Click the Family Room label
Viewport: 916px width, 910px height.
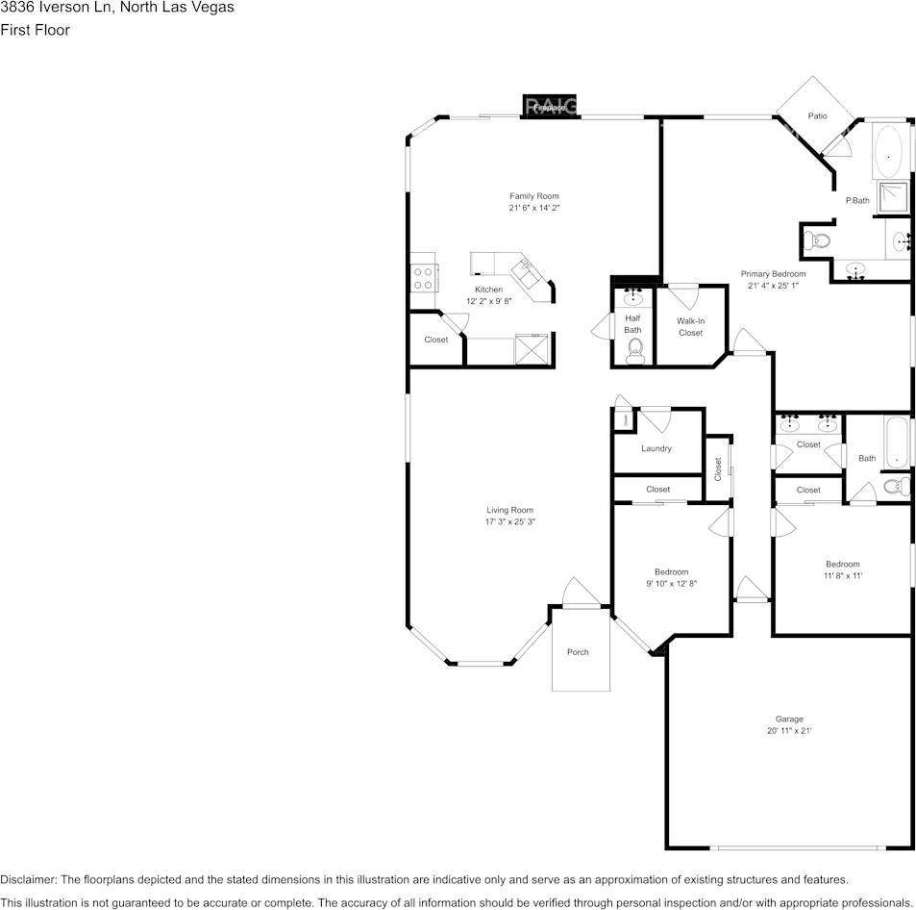pyautogui.click(x=533, y=196)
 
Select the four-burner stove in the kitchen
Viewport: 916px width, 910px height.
pyautogui.click(x=423, y=279)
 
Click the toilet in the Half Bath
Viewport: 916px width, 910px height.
pyautogui.click(x=633, y=353)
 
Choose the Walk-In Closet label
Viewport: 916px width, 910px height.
pyautogui.click(x=690, y=327)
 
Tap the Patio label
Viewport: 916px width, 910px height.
pyautogui.click(x=817, y=116)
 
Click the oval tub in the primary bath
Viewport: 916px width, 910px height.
pyautogui.click(x=889, y=150)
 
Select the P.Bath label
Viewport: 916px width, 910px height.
pyautogui.click(x=856, y=201)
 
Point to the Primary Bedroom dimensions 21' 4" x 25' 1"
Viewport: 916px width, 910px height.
pyautogui.click(x=773, y=286)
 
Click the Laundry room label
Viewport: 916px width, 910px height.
pyautogui.click(x=656, y=448)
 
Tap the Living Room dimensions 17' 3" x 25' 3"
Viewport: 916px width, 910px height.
pyautogui.click(x=509, y=522)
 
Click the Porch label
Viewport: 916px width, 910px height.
pyautogui.click(x=578, y=652)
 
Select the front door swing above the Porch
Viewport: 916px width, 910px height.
pyautogui.click(x=581, y=594)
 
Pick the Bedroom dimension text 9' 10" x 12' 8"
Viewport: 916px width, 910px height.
pyautogui.click(x=671, y=584)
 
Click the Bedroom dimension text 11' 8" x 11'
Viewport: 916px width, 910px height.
pyautogui.click(x=842, y=576)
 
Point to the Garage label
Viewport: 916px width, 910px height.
pyautogui.click(x=789, y=720)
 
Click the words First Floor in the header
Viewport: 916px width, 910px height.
pyautogui.click(x=35, y=30)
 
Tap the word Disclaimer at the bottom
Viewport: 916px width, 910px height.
pyautogui.click(x=28, y=880)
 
